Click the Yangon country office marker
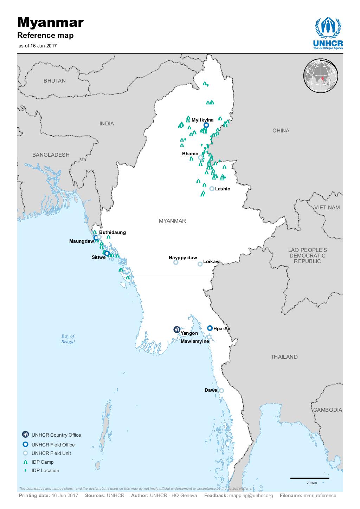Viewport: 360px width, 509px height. tap(176, 329)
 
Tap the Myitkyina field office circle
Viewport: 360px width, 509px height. tap(206, 125)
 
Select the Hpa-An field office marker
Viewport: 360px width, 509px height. tap(210, 328)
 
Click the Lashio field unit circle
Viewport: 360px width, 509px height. tap(212, 189)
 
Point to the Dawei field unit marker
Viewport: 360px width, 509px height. tap(221, 390)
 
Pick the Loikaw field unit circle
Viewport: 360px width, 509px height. tap(200, 264)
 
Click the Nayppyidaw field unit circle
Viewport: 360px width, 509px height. tap(176, 262)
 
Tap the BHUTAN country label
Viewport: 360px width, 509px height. tap(54, 81)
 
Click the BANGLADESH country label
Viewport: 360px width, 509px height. tap(51, 155)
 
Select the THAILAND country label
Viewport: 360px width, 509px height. tap(284, 357)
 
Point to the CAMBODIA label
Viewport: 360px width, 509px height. tap(327, 410)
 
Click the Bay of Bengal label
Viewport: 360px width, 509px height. tap(68, 339)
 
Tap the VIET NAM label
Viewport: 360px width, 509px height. tap(327, 208)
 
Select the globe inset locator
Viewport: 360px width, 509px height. tap(321, 76)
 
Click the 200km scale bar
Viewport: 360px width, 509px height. tap(309, 478)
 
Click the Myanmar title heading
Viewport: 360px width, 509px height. tap(51, 23)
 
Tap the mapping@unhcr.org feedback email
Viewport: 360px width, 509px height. tap(251, 496)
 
